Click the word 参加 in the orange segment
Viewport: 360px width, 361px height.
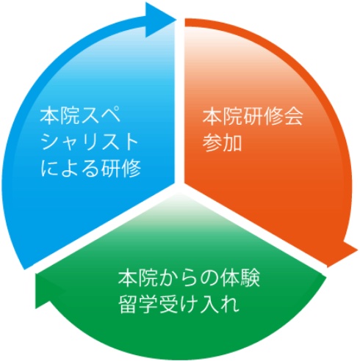click(222, 142)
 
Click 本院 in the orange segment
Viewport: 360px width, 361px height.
click(223, 116)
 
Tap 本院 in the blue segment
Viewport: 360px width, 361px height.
click(60, 115)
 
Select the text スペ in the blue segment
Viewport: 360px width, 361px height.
click(101, 115)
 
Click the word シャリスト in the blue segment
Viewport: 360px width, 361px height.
click(89, 142)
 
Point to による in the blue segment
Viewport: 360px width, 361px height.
click(70, 168)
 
